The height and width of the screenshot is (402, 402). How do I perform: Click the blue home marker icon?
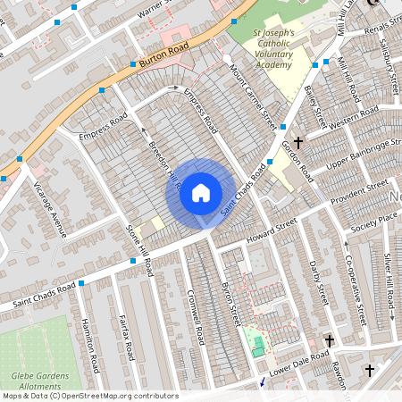point(201,192)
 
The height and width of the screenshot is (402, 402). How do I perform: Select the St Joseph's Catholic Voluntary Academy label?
point(272,50)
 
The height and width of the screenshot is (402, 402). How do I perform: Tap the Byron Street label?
point(231,304)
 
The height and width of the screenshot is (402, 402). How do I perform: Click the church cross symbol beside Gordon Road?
point(297,142)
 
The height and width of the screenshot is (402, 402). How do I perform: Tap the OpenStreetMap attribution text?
point(90,396)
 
